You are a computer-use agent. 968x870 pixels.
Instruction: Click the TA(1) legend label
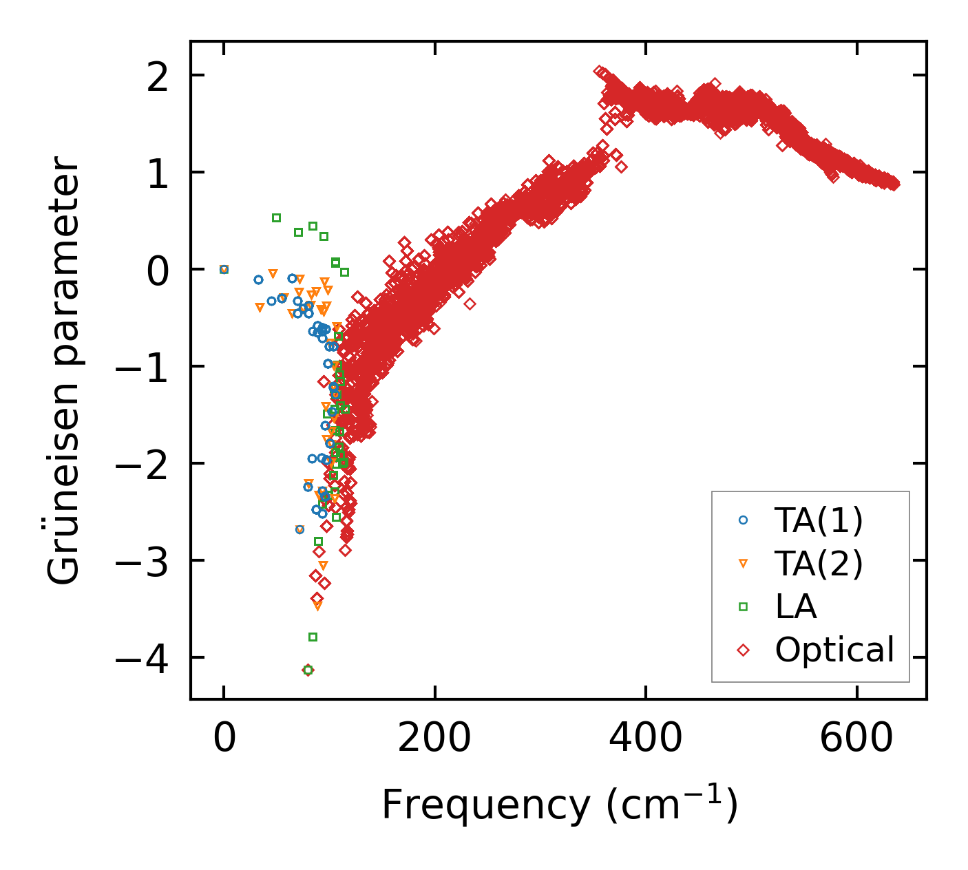pyautogui.click(x=819, y=521)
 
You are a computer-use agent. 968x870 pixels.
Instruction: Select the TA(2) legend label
pyautogui.click(x=819, y=564)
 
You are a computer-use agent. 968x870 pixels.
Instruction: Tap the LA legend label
pyautogui.click(x=796, y=607)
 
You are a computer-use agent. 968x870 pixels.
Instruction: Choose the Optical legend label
pyautogui.click(x=834, y=650)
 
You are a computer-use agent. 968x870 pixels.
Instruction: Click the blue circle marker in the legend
pyautogui.click(x=743, y=520)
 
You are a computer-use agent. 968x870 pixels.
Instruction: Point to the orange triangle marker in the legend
pyautogui.click(x=743, y=564)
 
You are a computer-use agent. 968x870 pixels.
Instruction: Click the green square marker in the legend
pyautogui.click(x=743, y=606)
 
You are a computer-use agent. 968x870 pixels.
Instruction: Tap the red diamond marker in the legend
pyautogui.click(x=743, y=650)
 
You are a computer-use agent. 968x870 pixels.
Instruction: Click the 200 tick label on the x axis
pyautogui.click(x=435, y=739)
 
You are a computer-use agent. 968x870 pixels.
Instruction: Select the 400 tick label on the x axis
pyautogui.click(x=646, y=739)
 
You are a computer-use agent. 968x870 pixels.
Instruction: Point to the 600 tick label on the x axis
pyautogui.click(x=856, y=739)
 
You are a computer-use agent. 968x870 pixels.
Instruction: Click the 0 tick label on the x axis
pyautogui.click(x=224, y=739)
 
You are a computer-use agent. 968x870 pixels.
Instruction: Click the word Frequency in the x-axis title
pyautogui.click(x=485, y=805)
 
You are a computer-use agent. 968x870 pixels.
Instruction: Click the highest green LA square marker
pyautogui.click(x=276, y=217)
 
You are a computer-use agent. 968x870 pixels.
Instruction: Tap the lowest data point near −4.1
pyautogui.click(x=308, y=670)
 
